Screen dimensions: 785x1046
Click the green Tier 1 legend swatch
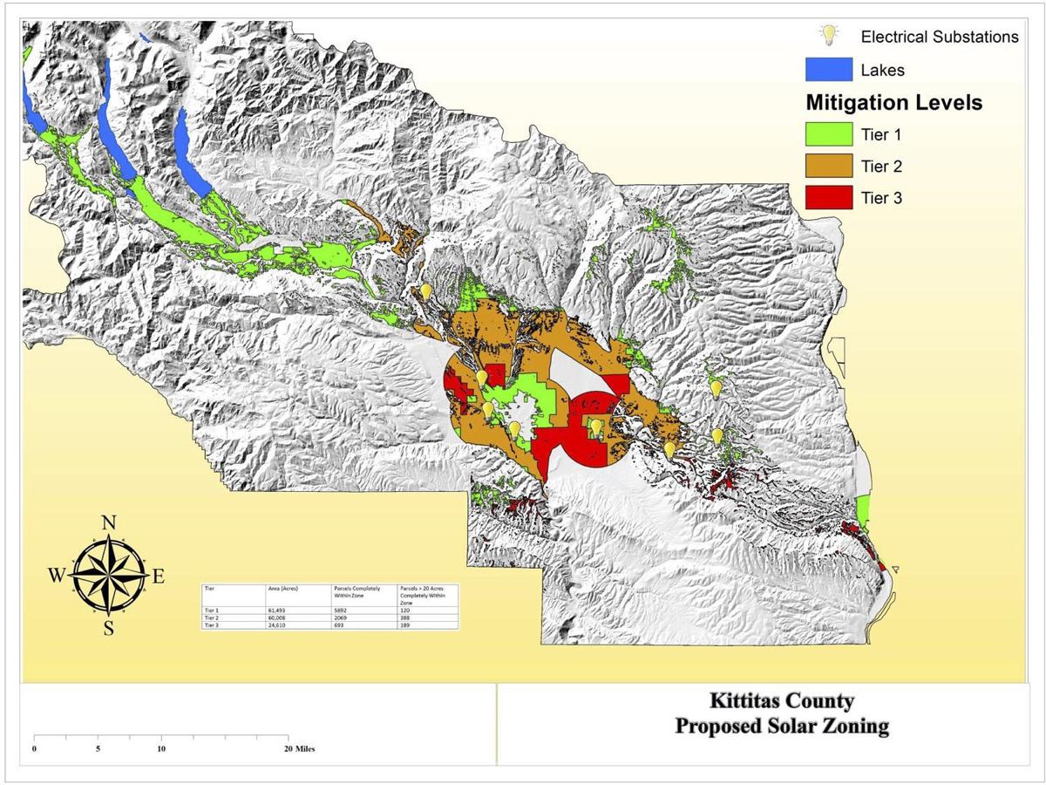coord(827,134)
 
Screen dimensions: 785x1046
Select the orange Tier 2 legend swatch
coord(827,167)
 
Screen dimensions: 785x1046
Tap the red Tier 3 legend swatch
coord(827,198)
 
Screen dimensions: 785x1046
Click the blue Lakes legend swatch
coord(827,70)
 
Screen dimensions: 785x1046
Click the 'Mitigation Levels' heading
coord(893,102)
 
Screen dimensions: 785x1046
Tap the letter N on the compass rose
coord(109,523)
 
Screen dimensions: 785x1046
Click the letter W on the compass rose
coord(56,575)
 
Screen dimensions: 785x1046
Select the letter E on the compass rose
coord(159,576)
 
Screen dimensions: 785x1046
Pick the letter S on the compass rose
coord(109,628)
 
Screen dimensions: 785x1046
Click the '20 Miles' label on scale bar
coord(299,748)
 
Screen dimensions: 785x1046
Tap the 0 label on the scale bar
coord(34,748)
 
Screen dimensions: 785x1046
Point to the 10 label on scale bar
coord(161,748)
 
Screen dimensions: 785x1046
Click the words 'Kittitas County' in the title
coord(781,700)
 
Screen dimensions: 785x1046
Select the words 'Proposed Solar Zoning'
coord(782,727)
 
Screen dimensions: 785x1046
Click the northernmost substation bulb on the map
coord(425,291)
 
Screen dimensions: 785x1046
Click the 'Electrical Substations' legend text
coord(940,37)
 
